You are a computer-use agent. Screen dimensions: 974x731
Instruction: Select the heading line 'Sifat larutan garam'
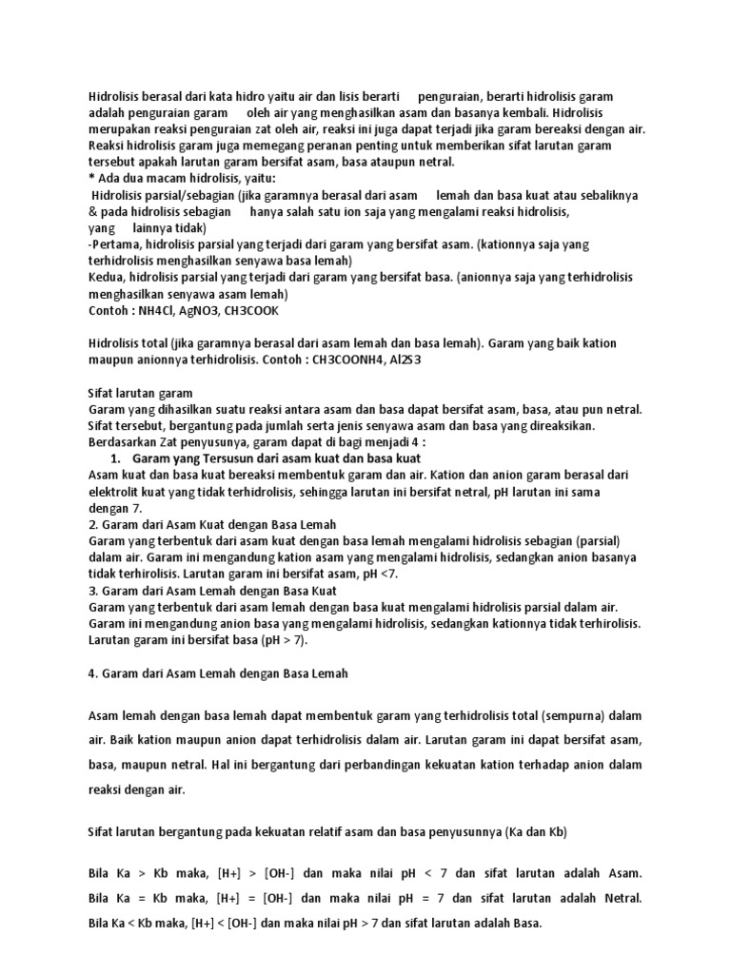140,393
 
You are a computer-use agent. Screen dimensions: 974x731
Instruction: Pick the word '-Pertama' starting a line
113,244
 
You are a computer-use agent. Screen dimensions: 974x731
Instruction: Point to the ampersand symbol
92,211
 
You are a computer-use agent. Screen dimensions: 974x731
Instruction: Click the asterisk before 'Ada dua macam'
90,179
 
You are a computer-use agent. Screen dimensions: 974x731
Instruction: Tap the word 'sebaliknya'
604,195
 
